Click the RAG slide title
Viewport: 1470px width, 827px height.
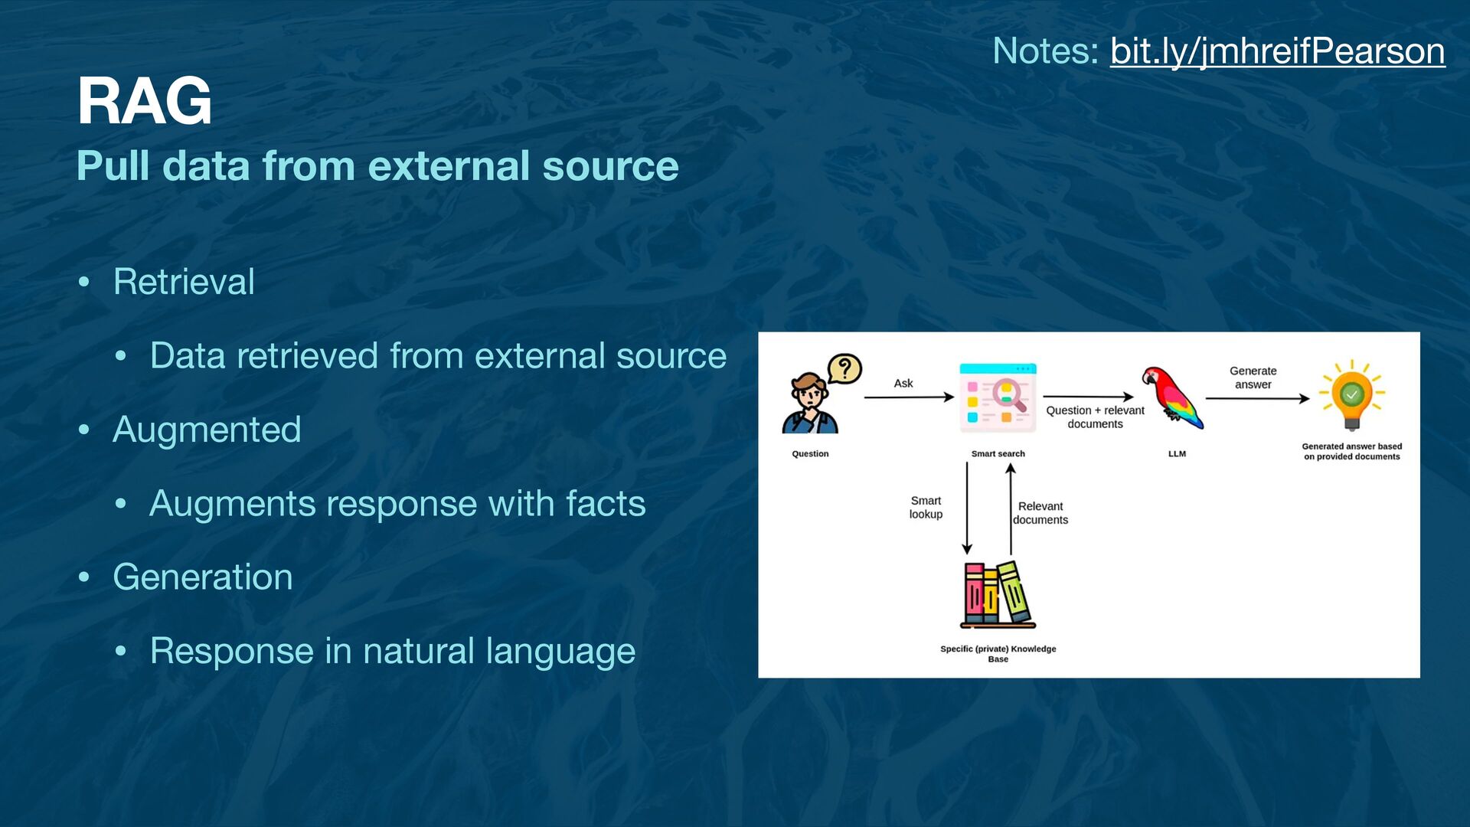pyautogui.click(x=144, y=101)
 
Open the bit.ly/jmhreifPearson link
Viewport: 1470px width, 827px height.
pyautogui.click(x=1277, y=51)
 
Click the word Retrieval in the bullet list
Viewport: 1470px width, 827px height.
pyautogui.click(x=184, y=282)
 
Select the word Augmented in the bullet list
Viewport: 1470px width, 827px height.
pyautogui.click(x=207, y=430)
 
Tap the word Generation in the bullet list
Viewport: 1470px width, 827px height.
pyautogui.click(x=203, y=577)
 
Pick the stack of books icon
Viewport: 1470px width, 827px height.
pyautogui.click(x=998, y=595)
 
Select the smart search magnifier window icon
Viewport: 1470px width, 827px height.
pyautogui.click(x=998, y=397)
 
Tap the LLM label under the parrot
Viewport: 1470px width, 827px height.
pyautogui.click(x=1177, y=454)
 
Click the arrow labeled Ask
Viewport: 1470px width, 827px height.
pyautogui.click(x=908, y=397)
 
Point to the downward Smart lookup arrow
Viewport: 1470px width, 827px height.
pyautogui.click(x=967, y=508)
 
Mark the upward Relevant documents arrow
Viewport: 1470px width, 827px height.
pyautogui.click(x=1011, y=508)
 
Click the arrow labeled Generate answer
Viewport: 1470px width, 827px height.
pyautogui.click(x=1256, y=398)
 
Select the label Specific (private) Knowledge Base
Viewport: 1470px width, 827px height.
pyautogui.click(x=998, y=653)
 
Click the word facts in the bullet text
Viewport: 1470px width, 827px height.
pyautogui.click(x=605, y=504)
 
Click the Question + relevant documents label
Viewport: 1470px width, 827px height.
pyautogui.click(x=1095, y=417)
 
